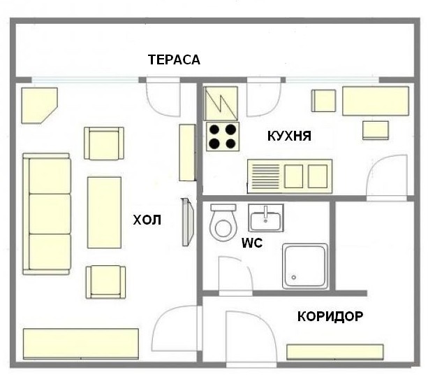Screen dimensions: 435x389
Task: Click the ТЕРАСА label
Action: [x=174, y=59]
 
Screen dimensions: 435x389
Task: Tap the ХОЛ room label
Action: [x=147, y=220]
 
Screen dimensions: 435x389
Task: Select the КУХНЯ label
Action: [x=289, y=136]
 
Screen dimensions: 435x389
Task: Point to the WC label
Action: [x=252, y=243]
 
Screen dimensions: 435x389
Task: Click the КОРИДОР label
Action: [x=330, y=316]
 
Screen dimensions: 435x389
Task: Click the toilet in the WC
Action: [x=223, y=222]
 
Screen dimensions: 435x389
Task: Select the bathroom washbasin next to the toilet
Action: [x=265, y=218]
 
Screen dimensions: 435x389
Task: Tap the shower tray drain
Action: [x=294, y=277]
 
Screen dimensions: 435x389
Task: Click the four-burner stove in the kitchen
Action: [x=223, y=136]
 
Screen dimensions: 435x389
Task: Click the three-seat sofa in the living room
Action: [x=47, y=214]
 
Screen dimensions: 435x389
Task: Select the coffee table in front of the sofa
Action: [x=104, y=213]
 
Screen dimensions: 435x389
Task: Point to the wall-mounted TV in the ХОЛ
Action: [x=188, y=222]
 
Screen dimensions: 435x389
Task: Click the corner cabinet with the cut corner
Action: [x=39, y=106]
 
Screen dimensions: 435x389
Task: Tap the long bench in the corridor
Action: [x=335, y=352]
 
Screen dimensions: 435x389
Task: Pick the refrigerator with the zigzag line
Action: [x=221, y=104]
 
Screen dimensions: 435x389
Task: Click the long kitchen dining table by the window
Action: [x=376, y=101]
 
